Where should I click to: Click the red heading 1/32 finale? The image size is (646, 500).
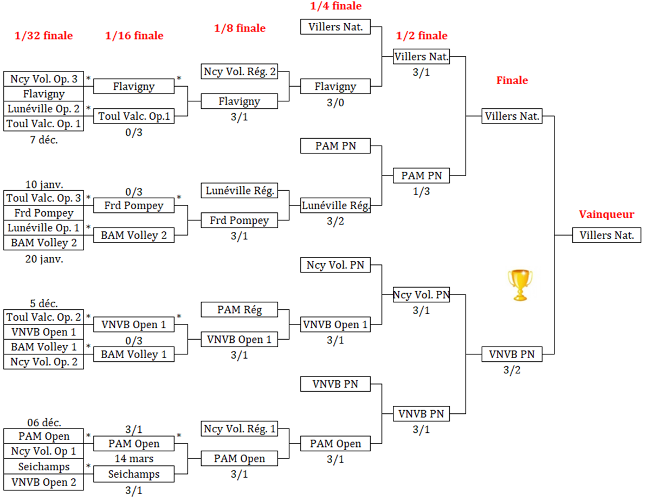(x=43, y=36)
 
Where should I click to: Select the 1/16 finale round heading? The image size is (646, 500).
(x=134, y=36)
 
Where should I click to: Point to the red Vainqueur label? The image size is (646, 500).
(x=605, y=215)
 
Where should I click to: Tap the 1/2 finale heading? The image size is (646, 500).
(x=422, y=36)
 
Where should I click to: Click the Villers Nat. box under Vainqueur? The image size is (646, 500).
(x=606, y=236)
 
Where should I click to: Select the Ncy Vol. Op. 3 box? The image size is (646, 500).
(x=44, y=79)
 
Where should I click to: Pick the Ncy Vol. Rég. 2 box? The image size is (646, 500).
(x=240, y=72)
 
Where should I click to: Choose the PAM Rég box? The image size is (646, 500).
(x=240, y=310)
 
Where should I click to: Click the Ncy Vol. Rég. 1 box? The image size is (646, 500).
(x=240, y=429)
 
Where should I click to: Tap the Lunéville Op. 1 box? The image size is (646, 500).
(x=44, y=228)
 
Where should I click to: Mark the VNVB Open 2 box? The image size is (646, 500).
(x=44, y=482)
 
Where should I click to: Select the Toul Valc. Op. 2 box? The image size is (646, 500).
(x=44, y=317)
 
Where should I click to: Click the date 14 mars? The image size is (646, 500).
(x=134, y=459)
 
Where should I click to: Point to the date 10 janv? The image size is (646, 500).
(x=44, y=184)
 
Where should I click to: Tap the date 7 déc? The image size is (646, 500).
(x=44, y=139)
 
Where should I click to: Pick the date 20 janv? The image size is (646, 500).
(x=44, y=258)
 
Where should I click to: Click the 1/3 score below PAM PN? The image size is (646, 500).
(x=422, y=191)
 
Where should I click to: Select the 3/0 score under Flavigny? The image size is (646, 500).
(x=336, y=102)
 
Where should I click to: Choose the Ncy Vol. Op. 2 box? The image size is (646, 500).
(x=44, y=361)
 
